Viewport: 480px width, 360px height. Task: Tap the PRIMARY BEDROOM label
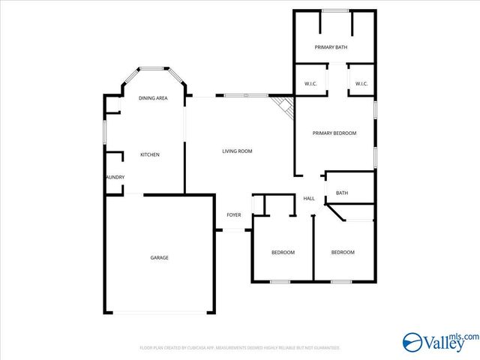pyautogui.click(x=334, y=133)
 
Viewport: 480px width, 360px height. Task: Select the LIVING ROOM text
pyautogui.click(x=237, y=151)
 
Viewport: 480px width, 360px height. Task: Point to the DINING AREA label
pyautogui.click(x=153, y=98)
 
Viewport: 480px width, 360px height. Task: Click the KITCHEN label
pyautogui.click(x=150, y=154)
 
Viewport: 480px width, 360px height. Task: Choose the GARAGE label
pyautogui.click(x=159, y=258)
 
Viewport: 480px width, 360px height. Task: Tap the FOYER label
pyautogui.click(x=234, y=215)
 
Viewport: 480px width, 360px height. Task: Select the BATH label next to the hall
pyautogui.click(x=341, y=193)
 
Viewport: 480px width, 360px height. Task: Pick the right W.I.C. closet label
pyautogui.click(x=361, y=84)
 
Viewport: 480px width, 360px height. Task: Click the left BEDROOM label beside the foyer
pyautogui.click(x=283, y=252)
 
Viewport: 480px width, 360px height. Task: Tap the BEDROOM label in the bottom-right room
pyautogui.click(x=343, y=252)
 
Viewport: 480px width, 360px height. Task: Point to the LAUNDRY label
pyautogui.click(x=115, y=177)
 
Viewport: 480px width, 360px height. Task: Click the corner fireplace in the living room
pyautogui.click(x=283, y=105)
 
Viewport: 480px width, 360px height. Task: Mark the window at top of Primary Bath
pyautogui.click(x=334, y=10)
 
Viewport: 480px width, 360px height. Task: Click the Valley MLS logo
pyautogui.click(x=438, y=342)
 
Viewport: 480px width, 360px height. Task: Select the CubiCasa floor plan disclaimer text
pyautogui.click(x=240, y=348)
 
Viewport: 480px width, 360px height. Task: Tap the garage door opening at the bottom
pyautogui.click(x=159, y=313)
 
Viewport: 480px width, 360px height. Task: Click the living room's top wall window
pyautogui.click(x=245, y=95)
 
